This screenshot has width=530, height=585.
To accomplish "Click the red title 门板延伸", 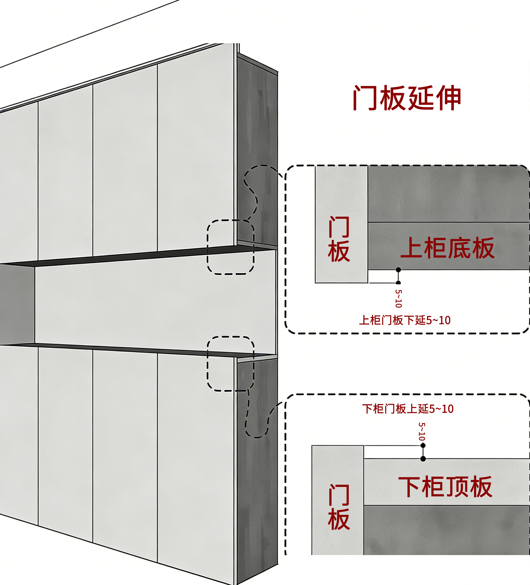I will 407,98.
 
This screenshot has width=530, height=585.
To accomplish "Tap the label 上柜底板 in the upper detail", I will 447,248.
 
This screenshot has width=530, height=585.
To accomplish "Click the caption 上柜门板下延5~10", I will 405,320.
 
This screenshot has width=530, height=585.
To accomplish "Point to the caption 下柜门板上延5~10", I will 408,409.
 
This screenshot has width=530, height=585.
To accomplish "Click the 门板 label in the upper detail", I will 339,239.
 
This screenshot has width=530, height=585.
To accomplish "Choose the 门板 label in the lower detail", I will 339,507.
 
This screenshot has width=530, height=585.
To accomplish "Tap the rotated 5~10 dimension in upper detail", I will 399,298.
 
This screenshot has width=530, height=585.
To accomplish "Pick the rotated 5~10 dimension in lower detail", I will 422,432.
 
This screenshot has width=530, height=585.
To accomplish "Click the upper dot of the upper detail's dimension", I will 398,270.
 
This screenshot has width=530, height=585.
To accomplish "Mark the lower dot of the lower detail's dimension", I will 423,459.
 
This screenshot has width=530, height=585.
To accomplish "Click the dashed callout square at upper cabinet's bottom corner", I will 231,247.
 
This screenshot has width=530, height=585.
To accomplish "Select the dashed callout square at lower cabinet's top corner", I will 231,364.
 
